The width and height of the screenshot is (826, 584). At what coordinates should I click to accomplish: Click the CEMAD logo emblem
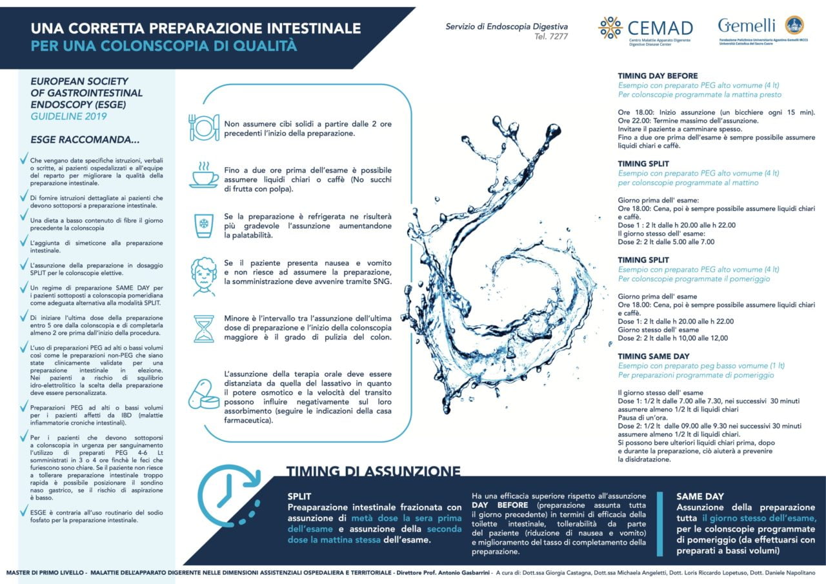click(x=610, y=28)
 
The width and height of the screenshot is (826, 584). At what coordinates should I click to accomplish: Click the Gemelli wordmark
click(x=747, y=25)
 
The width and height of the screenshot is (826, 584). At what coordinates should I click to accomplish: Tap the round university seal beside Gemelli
click(x=794, y=25)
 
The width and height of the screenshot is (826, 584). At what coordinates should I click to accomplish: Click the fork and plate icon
click(x=203, y=127)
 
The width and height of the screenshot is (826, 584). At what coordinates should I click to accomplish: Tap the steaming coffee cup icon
click(x=203, y=175)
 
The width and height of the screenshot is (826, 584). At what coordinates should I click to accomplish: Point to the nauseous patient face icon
click(x=203, y=276)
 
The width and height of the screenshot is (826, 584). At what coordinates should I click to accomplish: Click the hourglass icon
click(x=203, y=327)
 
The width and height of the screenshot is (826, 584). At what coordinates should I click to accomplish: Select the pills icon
click(x=203, y=394)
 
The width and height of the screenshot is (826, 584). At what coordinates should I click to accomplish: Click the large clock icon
click(x=226, y=496)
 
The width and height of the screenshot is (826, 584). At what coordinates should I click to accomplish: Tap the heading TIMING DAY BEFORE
click(x=658, y=76)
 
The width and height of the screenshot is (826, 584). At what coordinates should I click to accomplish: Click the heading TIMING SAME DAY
click(x=653, y=356)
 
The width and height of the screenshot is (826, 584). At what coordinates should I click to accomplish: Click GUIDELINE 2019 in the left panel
click(x=69, y=117)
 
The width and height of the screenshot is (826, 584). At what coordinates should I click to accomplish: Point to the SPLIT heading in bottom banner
click(x=299, y=496)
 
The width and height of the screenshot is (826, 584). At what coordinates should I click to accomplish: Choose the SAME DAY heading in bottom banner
click(x=700, y=496)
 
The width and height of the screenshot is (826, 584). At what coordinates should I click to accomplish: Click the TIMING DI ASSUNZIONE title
click(x=374, y=471)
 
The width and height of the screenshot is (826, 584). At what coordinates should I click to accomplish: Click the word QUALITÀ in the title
click(x=263, y=46)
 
